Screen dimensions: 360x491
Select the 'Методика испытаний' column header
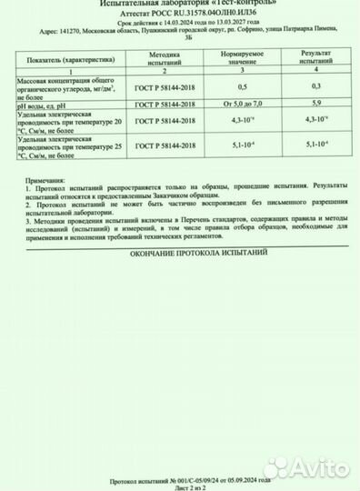click(x=165, y=58)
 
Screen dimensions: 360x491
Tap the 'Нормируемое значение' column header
click(x=242, y=58)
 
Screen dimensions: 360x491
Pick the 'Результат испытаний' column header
click(x=314, y=58)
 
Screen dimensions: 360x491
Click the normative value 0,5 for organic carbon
click(x=242, y=85)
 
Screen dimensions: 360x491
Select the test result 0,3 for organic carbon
click(x=314, y=85)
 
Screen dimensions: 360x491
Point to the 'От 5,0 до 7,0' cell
click(x=242, y=105)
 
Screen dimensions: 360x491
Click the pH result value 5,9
click(x=314, y=105)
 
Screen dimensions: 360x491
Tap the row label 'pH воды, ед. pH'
click(x=46, y=105)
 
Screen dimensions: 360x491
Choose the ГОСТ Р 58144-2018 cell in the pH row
click(x=165, y=105)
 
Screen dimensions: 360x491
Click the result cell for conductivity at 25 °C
click(x=314, y=144)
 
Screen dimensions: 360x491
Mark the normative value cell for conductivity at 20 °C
click(x=242, y=121)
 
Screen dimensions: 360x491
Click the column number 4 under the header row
click(x=314, y=71)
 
